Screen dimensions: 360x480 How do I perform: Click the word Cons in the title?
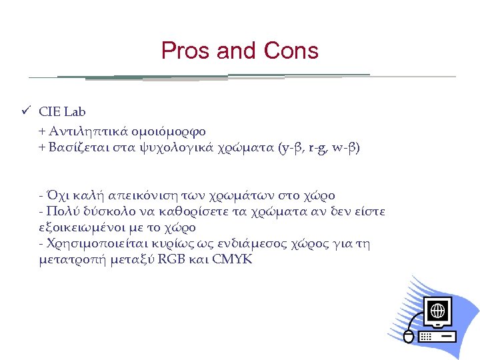click(291, 51)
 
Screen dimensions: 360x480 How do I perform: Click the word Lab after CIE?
click(75, 111)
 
